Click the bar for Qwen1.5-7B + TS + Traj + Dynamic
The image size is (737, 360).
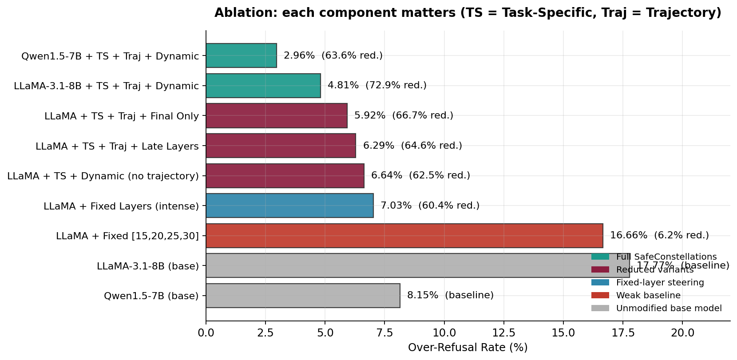click(x=241, y=55)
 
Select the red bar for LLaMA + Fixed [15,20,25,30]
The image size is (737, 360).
click(x=404, y=236)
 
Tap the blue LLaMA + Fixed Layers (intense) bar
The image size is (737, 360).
click(x=289, y=206)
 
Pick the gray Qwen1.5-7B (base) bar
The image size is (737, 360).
click(x=303, y=296)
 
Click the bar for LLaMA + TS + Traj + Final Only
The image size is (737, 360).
click(x=276, y=115)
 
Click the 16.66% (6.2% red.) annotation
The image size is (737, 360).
click(x=659, y=235)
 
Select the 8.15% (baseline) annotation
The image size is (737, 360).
click(x=450, y=295)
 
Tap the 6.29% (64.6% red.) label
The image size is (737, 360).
click(x=412, y=146)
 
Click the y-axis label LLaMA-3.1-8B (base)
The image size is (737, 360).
click(x=148, y=266)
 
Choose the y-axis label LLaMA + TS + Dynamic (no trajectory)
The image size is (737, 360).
click(x=103, y=176)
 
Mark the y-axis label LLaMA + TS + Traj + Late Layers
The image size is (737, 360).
click(x=117, y=146)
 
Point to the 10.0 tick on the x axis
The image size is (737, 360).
click(x=444, y=332)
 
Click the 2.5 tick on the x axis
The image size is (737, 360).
click(x=265, y=332)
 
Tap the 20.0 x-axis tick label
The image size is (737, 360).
click(x=682, y=332)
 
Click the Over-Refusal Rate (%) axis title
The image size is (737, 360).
click(x=468, y=348)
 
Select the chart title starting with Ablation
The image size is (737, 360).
click(x=468, y=13)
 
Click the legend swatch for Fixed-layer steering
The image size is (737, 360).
click(x=600, y=282)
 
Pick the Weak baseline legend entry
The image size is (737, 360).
click(x=648, y=295)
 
